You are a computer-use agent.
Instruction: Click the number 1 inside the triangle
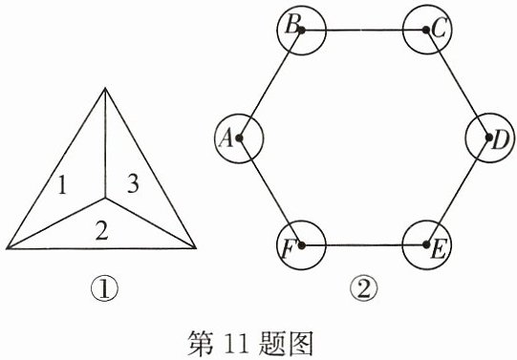[62, 184]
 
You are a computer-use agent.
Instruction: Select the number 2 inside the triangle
[101, 230]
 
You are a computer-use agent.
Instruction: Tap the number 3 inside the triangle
[133, 183]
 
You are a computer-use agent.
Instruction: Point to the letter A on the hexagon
[226, 138]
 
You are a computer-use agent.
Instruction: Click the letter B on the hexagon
[292, 25]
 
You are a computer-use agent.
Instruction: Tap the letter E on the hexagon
[439, 249]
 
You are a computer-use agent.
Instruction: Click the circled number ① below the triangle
[104, 289]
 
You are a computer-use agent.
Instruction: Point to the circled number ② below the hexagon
[364, 289]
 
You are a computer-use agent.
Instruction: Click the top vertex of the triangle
[105, 88]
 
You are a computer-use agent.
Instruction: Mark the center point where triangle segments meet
[105, 198]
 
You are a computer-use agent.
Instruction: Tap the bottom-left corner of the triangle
[8, 248]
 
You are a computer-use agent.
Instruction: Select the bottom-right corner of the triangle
[196, 247]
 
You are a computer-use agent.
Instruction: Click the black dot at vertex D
[489, 138]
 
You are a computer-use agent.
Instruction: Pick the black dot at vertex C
[426, 30]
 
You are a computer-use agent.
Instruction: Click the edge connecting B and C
[364, 30]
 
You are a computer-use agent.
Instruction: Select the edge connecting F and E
[364, 245]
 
